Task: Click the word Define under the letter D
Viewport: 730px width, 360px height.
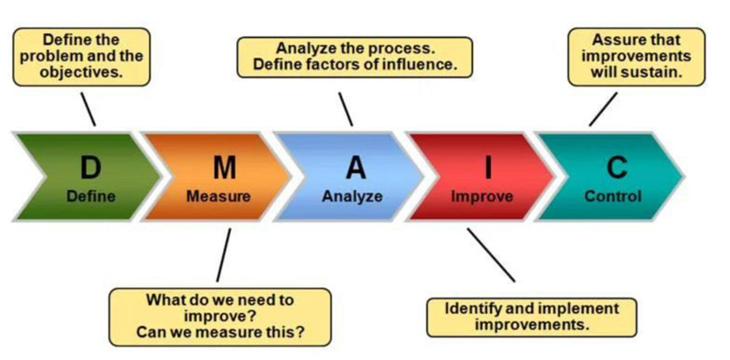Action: tap(91, 196)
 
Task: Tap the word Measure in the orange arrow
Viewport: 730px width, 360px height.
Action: tap(218, 196)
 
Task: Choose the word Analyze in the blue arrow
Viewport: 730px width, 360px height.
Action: tap(353, 196)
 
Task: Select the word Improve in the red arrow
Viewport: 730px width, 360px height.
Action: tap(482, 197)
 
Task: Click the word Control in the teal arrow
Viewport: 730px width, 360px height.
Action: tap(612, 196)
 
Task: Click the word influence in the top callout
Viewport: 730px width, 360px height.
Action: tap(420, 64)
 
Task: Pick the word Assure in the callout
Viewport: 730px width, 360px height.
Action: tap(615, 39)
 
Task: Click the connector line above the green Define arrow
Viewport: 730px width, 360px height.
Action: tap(88, 109)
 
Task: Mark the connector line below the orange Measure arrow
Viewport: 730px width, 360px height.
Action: tap(223, 255)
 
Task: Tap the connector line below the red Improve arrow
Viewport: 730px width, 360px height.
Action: tap(491, 255)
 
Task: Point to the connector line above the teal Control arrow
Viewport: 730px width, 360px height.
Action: tap(604, 109)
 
